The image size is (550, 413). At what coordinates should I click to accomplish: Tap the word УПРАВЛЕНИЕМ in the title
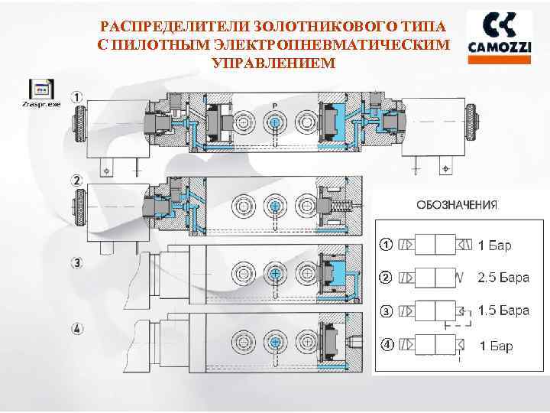273,61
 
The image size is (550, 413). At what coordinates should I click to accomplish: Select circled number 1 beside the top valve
77,98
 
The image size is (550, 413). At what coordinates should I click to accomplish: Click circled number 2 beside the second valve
77,180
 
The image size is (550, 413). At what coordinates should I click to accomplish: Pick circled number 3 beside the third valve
77,262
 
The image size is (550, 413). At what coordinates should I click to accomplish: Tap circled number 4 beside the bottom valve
77,330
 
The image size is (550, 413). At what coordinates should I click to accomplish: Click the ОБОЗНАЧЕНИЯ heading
457,204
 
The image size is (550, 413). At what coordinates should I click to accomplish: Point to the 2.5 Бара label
503,277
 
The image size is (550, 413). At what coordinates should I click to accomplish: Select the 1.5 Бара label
503,311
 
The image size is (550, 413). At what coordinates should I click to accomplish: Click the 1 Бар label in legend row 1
494,246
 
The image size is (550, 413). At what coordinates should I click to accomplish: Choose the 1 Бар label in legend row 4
496,346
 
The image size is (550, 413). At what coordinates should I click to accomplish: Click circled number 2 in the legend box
387,276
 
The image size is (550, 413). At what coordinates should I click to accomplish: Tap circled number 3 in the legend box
387,311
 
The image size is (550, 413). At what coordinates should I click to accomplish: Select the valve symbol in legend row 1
435,246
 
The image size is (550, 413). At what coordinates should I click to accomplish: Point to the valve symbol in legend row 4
435,345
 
